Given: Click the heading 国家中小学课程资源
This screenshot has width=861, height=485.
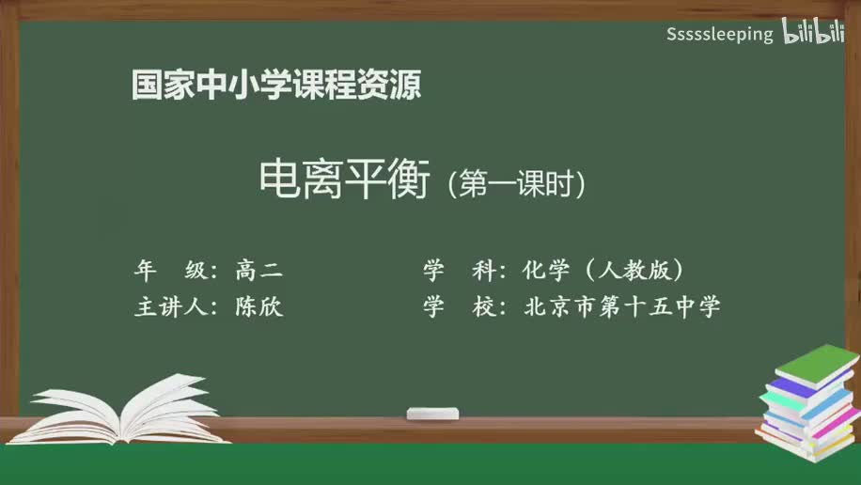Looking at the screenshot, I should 275,86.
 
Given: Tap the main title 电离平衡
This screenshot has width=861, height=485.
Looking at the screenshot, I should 344,179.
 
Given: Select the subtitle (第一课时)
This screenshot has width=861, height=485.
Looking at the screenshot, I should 517,182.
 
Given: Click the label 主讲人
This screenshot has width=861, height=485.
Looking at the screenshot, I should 176,306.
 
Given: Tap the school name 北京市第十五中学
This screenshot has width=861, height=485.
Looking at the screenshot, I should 622,306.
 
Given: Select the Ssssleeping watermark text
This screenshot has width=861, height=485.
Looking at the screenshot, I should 719,35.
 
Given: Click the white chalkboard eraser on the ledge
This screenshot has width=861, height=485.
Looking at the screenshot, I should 432,414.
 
